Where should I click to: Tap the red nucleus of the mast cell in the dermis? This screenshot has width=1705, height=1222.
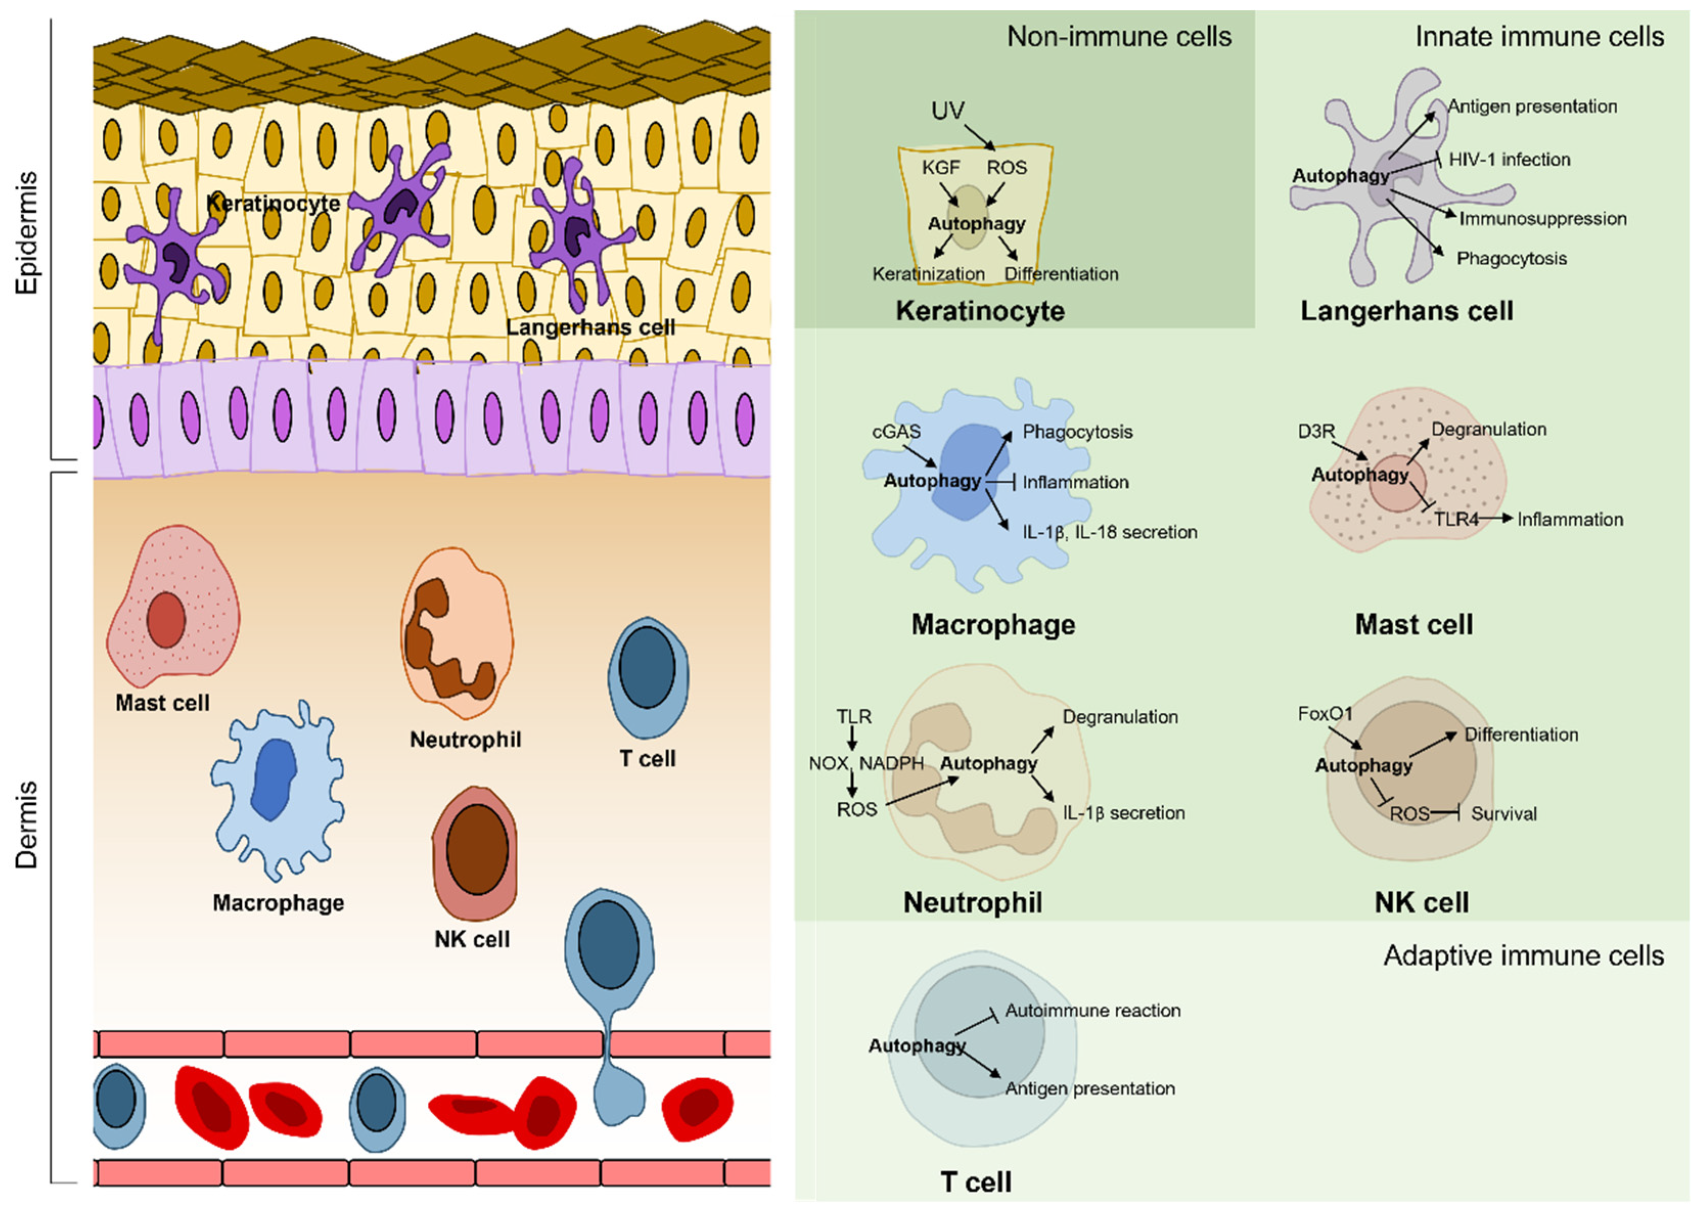click(x=166, y=620)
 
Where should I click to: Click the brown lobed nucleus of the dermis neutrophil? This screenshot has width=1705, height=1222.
click(x=444, y=639)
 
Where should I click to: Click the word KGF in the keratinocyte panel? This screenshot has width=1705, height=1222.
click(x=941, y=167)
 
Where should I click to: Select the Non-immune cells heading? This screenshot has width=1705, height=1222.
click(x=1119, y=36)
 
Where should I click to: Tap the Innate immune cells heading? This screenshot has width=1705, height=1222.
click(x=1539, y=36)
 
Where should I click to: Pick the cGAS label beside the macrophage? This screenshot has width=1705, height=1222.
click(x=896, y=432)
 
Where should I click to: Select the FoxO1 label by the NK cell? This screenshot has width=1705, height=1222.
click(x=1325, y=714)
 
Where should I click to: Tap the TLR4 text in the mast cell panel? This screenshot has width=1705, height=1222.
click(x=1456, y=519)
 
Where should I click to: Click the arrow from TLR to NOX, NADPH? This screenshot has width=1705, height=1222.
click(x=853, y=736)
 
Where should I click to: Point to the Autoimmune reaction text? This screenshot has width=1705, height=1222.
click(x=1092, y=1010)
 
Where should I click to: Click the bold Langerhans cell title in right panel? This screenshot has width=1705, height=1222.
click(x=1407, y=310)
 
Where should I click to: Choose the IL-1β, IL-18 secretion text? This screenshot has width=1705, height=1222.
click(x=1110, y=532)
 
